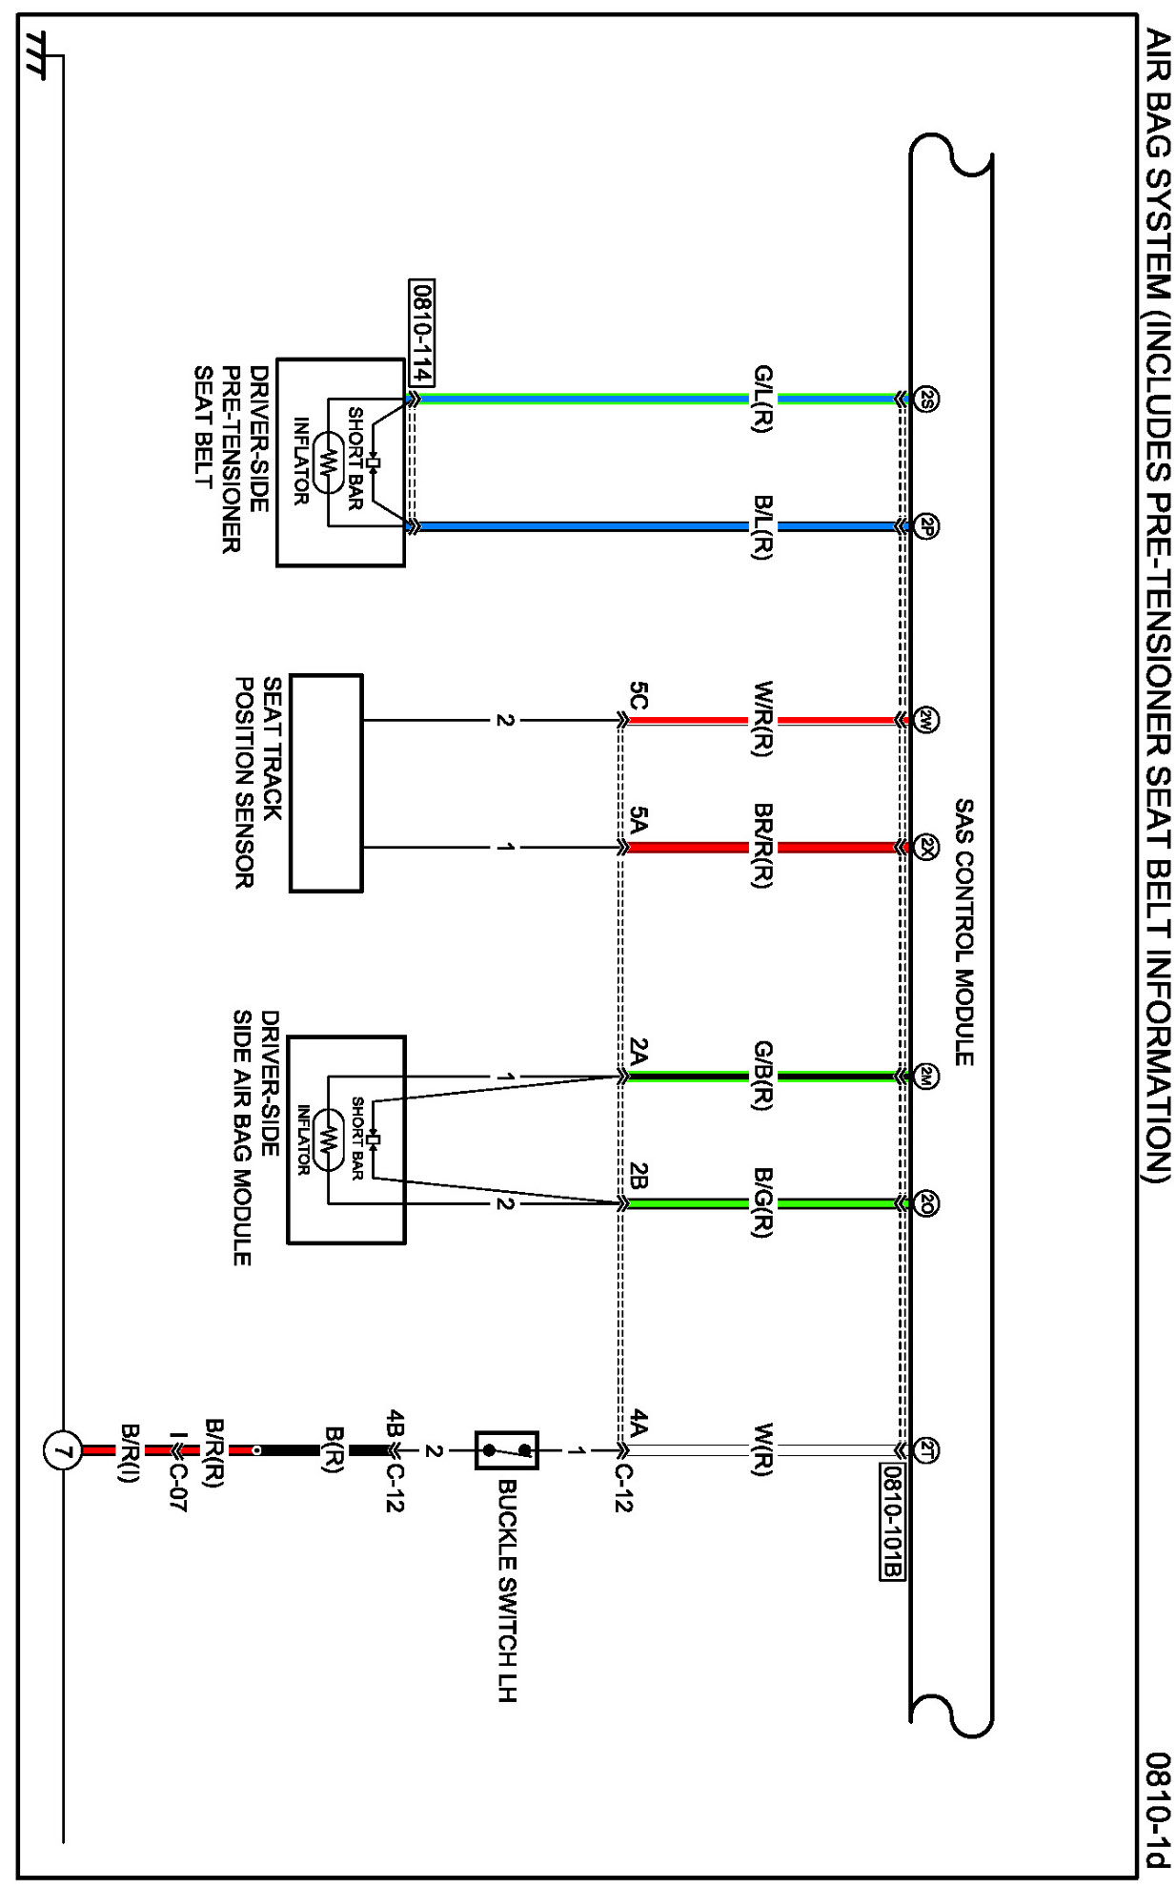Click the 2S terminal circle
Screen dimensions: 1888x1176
point(926,400)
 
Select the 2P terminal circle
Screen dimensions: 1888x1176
point(926,526)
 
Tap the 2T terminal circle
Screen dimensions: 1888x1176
point(926,1451)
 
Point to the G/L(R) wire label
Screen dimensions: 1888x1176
point(761,400)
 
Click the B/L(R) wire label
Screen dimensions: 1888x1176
point(761,526)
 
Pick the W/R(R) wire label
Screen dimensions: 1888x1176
point(761,720)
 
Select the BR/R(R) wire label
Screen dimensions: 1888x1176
point(761,847)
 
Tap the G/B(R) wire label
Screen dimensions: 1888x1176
point(761,1077)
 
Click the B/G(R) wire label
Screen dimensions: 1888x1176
point(761,1203)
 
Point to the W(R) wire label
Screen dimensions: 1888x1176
point(761,1451)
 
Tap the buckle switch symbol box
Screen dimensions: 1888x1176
point(507,1451)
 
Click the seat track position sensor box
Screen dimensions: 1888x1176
point(326,783)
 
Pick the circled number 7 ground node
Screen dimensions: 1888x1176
point(62,1452)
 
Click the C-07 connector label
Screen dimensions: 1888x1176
point(176,1488)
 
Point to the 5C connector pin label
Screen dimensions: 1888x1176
point(638,696)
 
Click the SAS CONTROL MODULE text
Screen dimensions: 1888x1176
point(963,933)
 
